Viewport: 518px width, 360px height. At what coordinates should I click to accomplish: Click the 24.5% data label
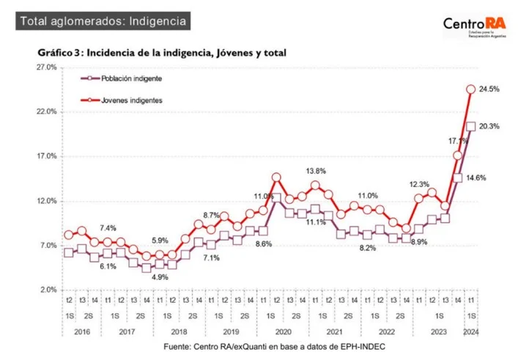coord(489,89)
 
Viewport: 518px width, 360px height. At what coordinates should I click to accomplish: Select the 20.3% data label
coord(489,126)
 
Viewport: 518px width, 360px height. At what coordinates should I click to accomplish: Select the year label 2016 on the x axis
coord(81,331)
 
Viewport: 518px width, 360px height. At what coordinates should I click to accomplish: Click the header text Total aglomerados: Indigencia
coord(103,21)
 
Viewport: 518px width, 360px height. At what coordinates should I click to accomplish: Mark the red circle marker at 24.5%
coord(471,89)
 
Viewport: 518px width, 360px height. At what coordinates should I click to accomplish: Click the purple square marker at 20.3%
coord(471,127)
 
